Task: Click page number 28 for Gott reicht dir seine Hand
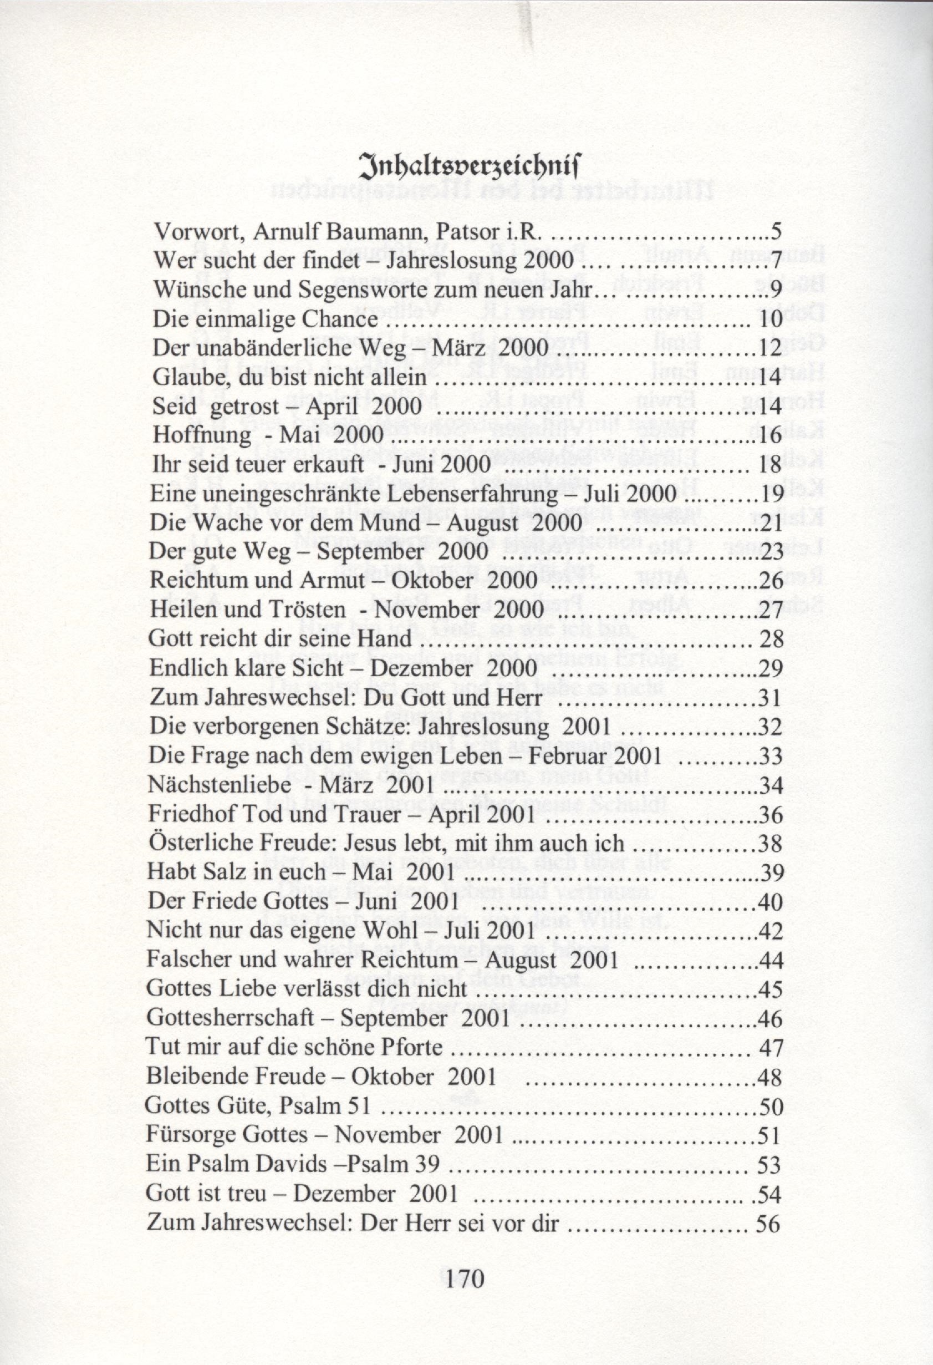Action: [x=772, y=640]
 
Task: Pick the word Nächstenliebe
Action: [x=220, y=785]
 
